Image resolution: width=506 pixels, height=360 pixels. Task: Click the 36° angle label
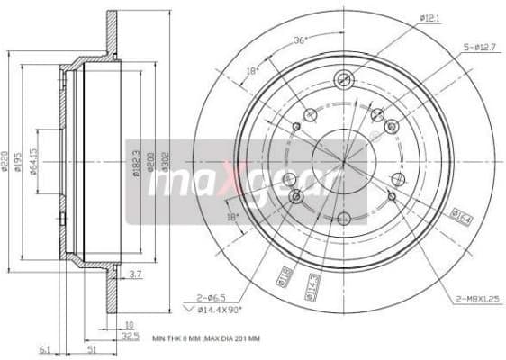coord(301,39)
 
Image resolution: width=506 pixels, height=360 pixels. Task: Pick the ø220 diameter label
coord(5,161)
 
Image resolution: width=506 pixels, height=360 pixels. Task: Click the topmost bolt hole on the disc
coord(343,78)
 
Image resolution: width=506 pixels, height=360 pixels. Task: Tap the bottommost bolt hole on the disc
coord(343,219)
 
